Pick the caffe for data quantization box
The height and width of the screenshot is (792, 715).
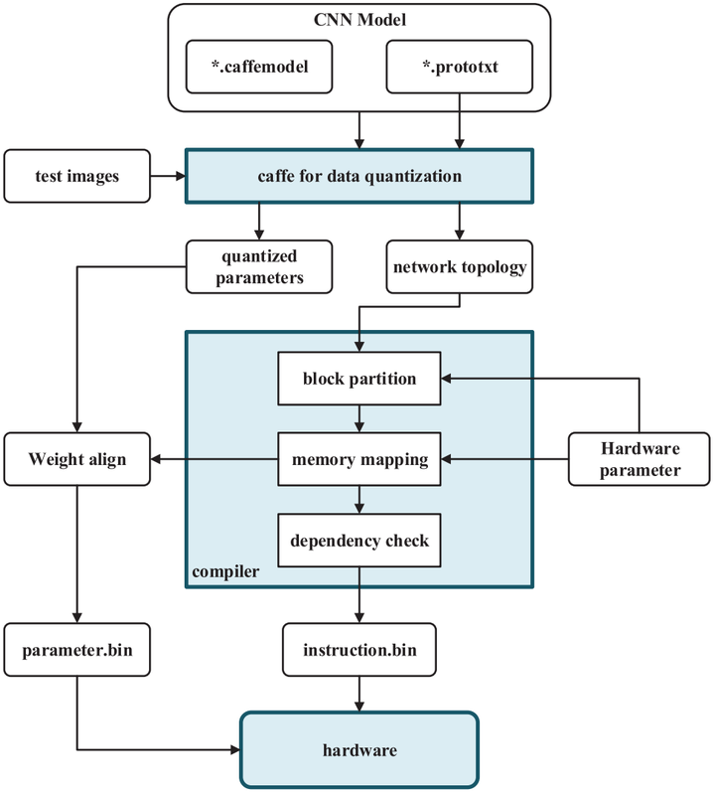(359, 177)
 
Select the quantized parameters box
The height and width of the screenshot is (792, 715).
(258, 266)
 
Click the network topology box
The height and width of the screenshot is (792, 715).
(458, 267)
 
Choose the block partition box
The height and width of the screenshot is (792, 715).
(358, 379)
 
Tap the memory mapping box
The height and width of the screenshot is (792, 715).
(358, 459)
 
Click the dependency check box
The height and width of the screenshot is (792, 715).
(358, 540)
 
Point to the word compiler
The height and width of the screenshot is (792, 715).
(224, 573)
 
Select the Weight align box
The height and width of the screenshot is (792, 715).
(77, 459)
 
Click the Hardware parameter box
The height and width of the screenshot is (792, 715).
(639, 459)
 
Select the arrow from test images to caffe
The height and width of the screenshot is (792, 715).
(168, 177)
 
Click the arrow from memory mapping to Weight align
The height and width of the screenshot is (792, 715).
(214, 459)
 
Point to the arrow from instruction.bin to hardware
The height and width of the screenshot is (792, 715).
(358, 694)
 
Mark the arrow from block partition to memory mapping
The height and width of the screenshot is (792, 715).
(358, 418)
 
